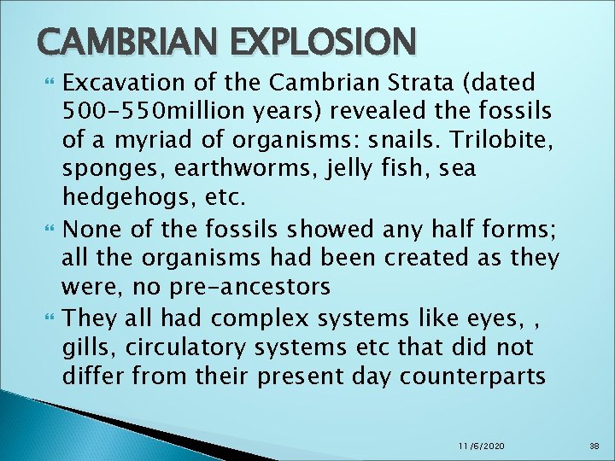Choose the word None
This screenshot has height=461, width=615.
pyautogui.click(x=90, y=229)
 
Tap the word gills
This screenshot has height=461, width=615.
pyautogui.click(x=86, y=347)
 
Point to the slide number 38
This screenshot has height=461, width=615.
pyautogui.click(x=595, y=445)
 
